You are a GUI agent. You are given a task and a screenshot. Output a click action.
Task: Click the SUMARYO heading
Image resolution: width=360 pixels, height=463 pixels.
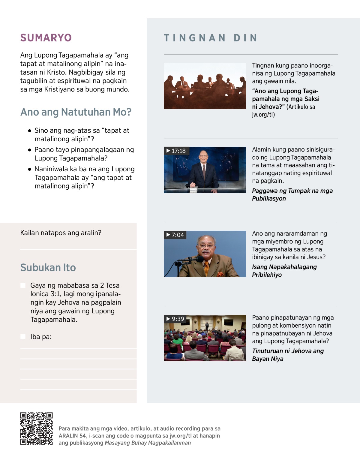tap(46, 38)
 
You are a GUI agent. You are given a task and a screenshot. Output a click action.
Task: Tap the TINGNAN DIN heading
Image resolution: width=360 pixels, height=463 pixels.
tap(211, 38)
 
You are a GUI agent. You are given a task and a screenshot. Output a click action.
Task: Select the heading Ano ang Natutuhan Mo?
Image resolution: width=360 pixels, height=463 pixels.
tap(76, 112)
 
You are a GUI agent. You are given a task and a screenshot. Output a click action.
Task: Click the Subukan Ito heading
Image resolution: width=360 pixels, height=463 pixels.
tap(48, 267)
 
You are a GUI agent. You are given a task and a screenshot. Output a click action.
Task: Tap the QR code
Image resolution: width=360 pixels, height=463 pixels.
tap(36, 428)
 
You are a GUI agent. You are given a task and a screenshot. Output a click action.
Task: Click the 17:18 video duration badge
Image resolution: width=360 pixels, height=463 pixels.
tap(176, 151)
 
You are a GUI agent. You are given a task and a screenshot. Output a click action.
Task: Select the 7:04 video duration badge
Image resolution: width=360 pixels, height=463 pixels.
tap(175, 235)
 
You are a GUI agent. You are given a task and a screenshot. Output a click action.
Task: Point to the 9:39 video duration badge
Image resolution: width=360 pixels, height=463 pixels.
tap(175, 319)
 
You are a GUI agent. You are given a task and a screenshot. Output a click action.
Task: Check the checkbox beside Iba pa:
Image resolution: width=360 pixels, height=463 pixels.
tap(23, 336)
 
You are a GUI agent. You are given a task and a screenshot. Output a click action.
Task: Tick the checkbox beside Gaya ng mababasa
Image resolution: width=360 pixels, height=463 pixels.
tap(23, 285)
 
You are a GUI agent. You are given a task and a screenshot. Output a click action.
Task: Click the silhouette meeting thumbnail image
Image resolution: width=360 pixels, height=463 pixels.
tap(205, 86)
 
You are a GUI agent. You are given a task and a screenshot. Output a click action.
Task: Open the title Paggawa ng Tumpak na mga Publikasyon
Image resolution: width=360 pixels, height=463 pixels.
tap(292, 194)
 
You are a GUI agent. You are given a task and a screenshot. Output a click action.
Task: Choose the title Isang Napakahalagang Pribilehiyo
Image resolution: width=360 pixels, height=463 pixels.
tap(284, 271)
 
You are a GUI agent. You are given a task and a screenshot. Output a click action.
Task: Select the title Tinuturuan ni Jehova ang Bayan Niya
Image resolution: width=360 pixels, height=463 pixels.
tap(287, 355)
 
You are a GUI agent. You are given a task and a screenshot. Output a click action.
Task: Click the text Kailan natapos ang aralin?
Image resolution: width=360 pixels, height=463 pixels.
tap(61, 233)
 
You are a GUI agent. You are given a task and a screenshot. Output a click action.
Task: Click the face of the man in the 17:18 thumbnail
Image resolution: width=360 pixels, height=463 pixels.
tap(203, 156)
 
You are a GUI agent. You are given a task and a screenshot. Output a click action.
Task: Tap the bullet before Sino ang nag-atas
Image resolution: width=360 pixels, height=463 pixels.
tap(29, 131)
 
